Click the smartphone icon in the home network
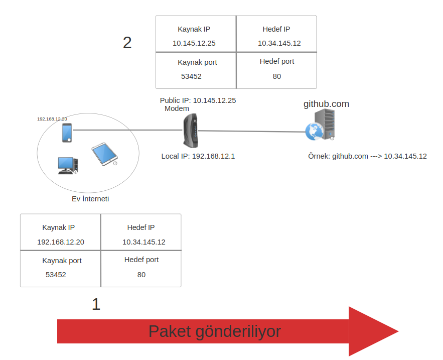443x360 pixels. pos(67,133)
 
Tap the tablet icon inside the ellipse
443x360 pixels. pos(104,154)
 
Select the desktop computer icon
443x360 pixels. pos(67,165)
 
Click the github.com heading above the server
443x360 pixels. pos(326,104)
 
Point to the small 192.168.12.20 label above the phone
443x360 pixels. pos(52,119)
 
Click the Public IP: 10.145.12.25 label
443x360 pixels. pos(198,100)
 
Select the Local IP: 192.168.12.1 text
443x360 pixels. pos(198,156)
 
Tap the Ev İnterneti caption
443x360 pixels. pos(90,199)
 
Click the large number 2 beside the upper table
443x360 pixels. pos(127,43)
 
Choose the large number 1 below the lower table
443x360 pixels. pos(96,304)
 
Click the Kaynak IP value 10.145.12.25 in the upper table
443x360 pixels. pos(194,43)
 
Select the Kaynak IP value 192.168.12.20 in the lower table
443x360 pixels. pos(61,242)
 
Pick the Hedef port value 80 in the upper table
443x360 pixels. pos(277,76)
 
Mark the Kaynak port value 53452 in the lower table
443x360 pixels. pos(56,275)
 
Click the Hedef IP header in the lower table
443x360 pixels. pos(141,227)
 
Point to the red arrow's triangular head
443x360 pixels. pos(371,331)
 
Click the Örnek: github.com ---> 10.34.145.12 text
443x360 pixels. pos(367,156)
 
